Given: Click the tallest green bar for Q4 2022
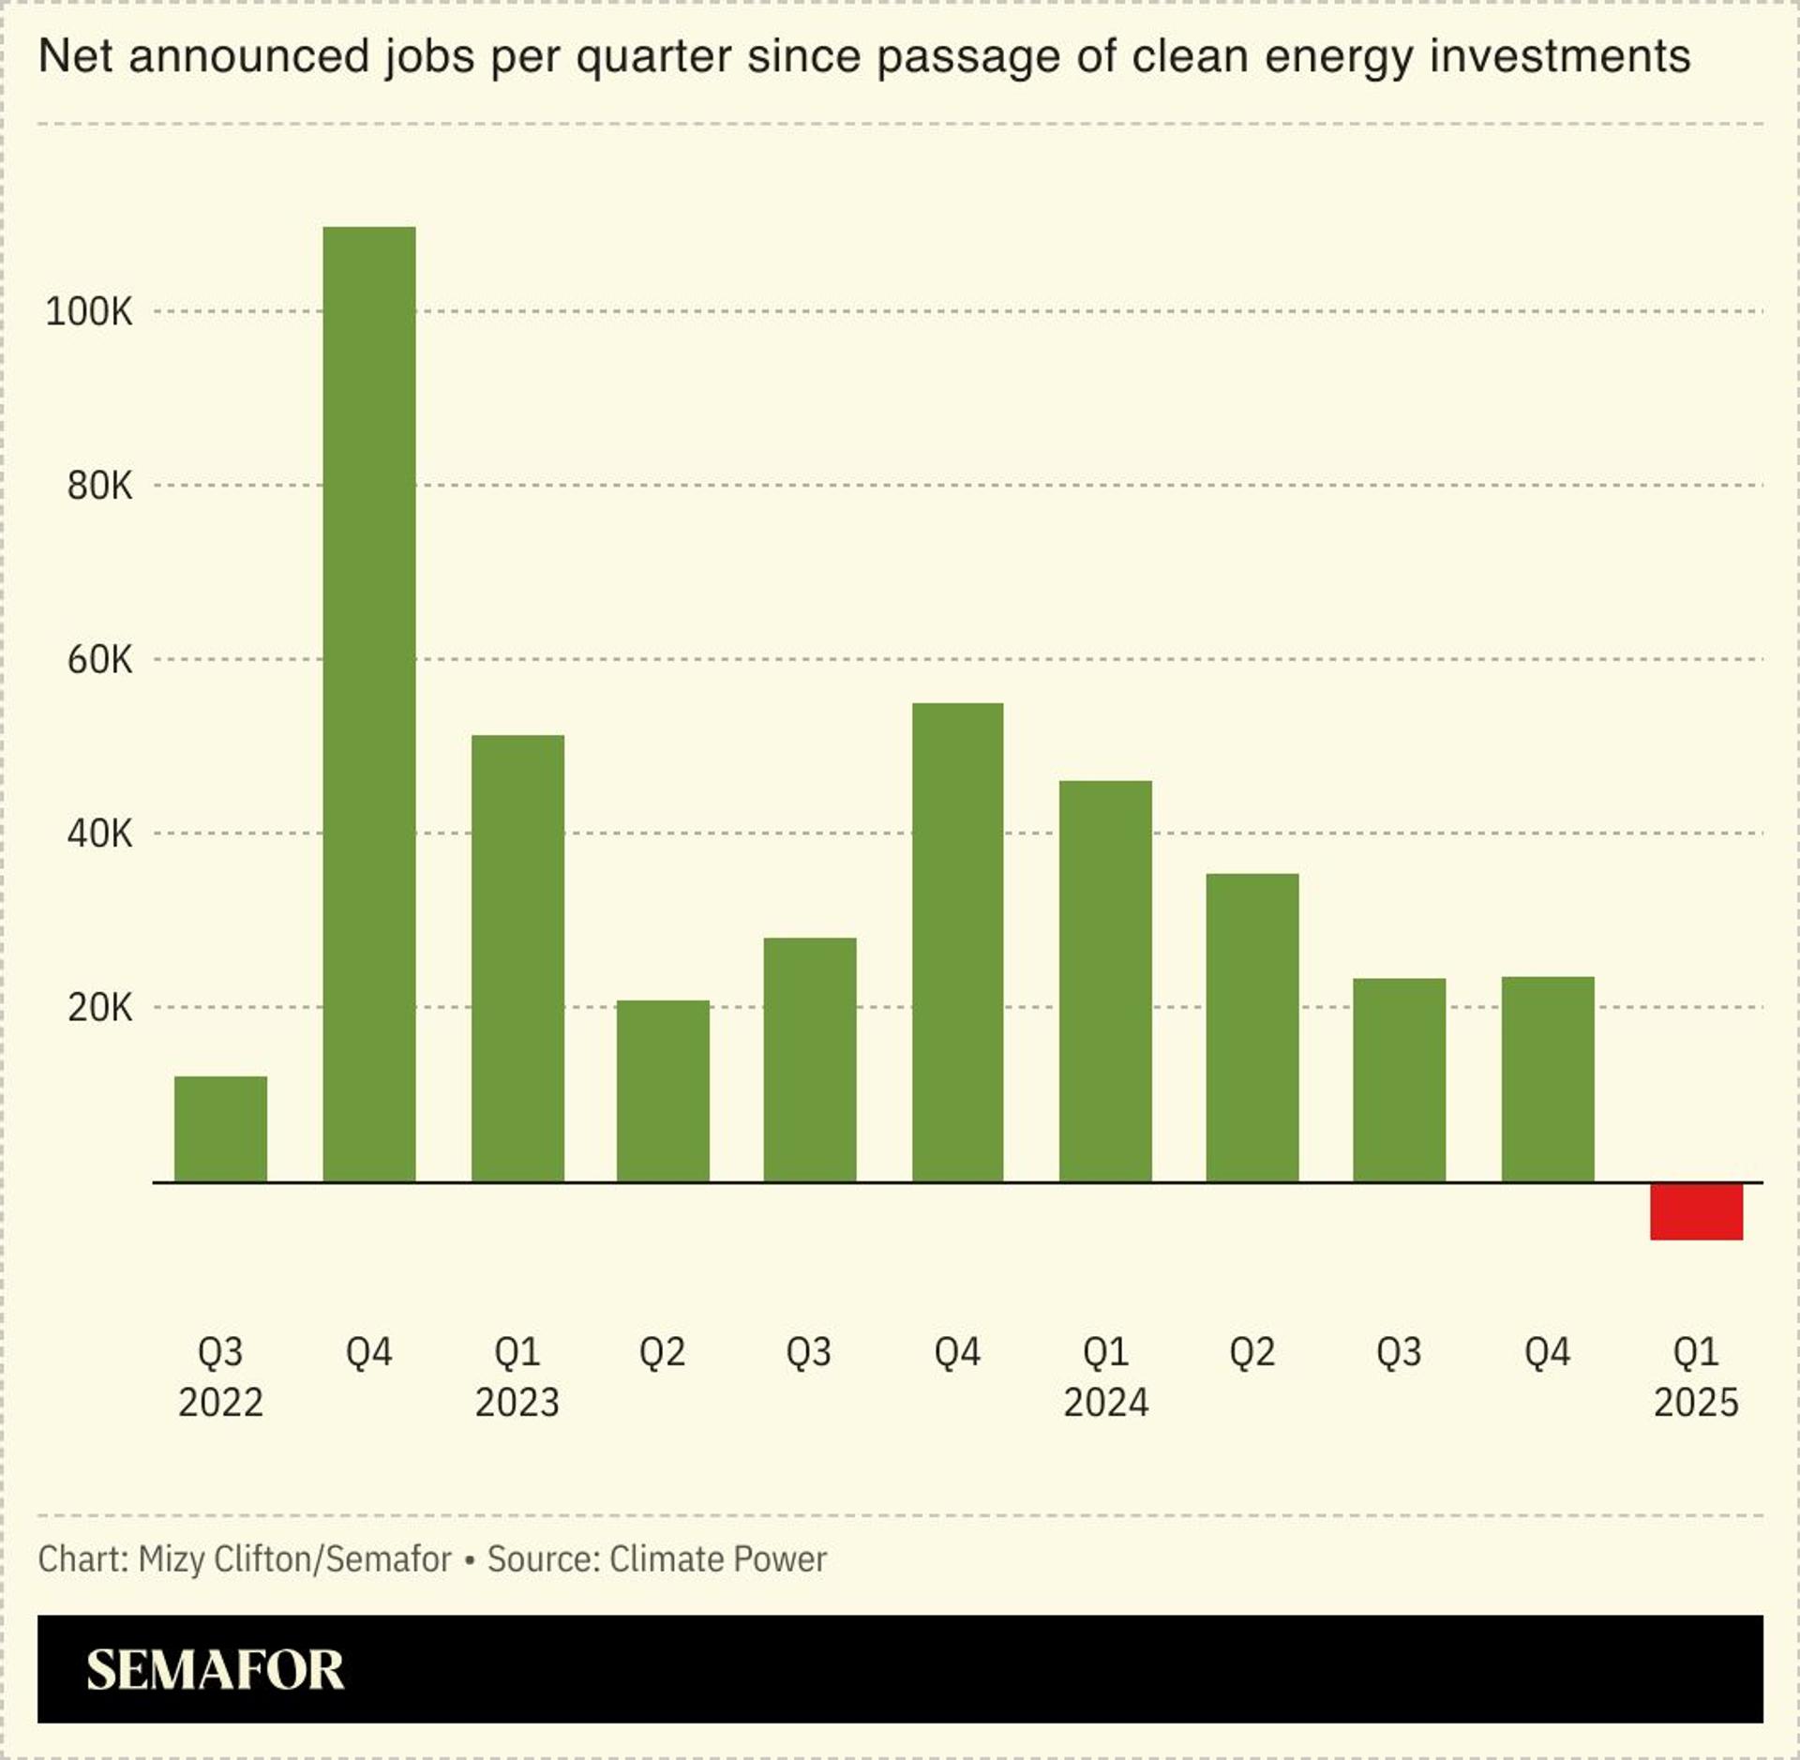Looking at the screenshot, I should coord(368,703).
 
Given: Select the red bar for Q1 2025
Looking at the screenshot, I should coord(1696,1211).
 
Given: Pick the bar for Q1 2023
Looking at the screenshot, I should coord(517,957).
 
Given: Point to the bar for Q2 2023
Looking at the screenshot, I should coord(663,1091).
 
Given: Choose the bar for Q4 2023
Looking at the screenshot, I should coord(957,941).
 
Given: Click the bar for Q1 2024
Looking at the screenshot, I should coord(1105,981).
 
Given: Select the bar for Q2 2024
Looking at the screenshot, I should coord(1252,1027).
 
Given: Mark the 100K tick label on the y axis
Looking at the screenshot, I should coord(89,311).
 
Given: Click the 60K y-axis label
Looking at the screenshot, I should coord(99,660).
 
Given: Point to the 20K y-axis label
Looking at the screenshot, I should coord(99,1008).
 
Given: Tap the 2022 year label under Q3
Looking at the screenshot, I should coord(220,1404).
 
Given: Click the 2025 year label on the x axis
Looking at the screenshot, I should coord(1696,1404).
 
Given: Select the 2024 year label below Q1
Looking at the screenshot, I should coord(1105,1404).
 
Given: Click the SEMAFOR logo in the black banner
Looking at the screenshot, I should coord(215,1670).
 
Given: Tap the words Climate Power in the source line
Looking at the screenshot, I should coord(717,1559).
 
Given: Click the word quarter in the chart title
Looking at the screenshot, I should coord(653,57).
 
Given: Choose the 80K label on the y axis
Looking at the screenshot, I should coord(99,486).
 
